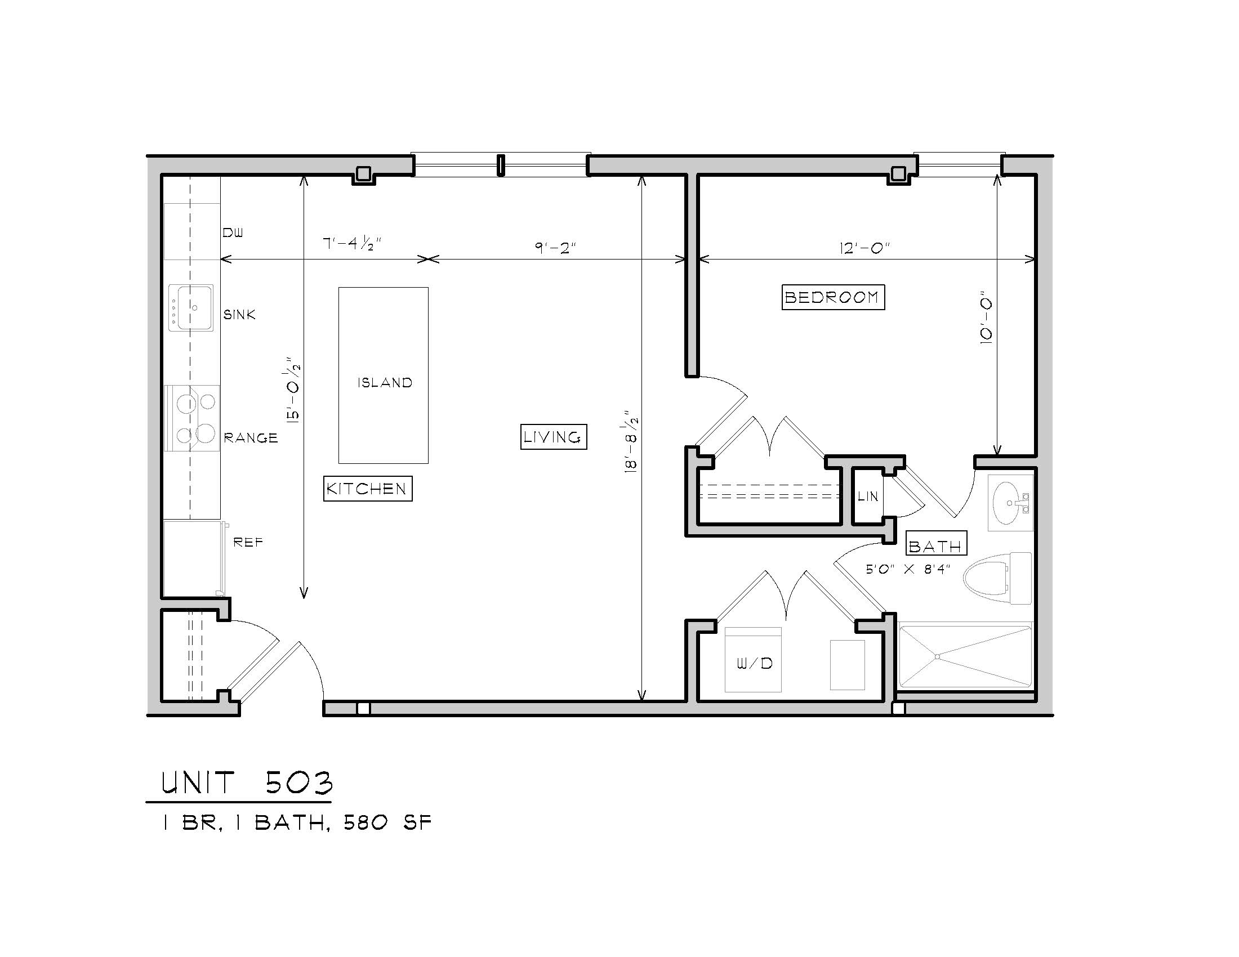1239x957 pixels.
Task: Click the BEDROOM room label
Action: point(833,297)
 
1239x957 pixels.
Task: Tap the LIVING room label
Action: point(553,437)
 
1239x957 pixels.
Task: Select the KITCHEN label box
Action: point(368,489)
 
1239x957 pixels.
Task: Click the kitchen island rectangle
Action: point(384,375)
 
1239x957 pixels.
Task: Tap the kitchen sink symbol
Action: point(191,308)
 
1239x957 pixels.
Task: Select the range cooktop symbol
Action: point(191,418)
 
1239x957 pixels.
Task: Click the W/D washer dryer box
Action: point(754,659)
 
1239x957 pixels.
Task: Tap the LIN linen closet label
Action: point(868,497)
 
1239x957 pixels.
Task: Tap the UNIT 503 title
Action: point(247,784)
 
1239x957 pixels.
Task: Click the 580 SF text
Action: point(387,822)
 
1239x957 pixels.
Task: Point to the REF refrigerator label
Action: point(248,543)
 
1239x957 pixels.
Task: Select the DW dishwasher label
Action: point(233,232)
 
